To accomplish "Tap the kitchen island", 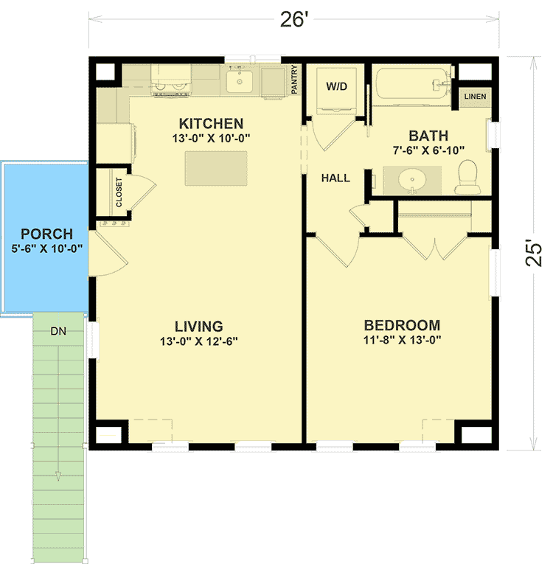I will pyautogui.click(x=216, y=169).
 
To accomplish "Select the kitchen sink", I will pyautogui.click(x=240, y=81).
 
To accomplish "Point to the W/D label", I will pyautogui.click(x=336, y=86).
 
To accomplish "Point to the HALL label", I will pyautogui.click(x=335, y=178).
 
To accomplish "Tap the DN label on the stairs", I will pyautogui.click(x=58, y=331).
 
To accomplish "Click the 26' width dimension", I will pyautogui.click(x=293, y=20).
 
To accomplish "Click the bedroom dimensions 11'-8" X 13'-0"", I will pyautogui.click(x=402, y=341).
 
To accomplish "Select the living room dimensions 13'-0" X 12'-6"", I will pyautogui.click(x=199, y=341).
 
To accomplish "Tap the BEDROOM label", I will pyautogui.click(x=403, y=325).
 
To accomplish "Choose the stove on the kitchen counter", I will pyautogui.click(x=171, y=80).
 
